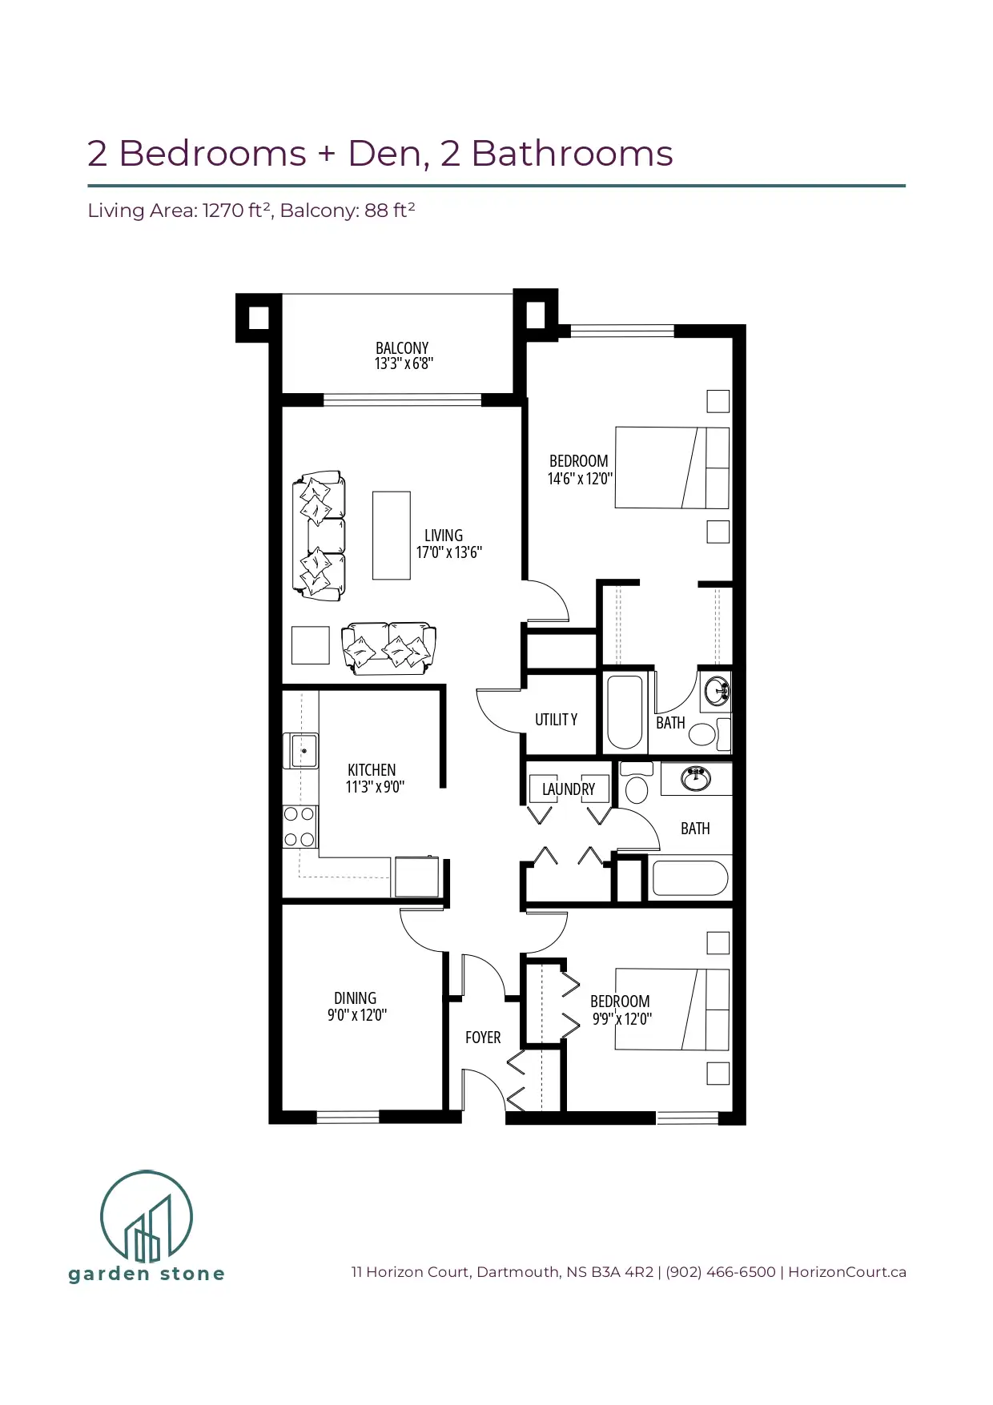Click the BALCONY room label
point(402,348)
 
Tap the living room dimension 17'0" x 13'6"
point(448,552)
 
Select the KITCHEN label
point(372,769)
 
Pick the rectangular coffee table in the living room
point(392,536)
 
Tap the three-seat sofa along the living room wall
point(320,536)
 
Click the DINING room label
point(355,998)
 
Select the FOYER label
point(483,1038)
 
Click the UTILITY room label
point(556,720)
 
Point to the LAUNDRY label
point(569,789)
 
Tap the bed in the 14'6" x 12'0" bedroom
point(672,468)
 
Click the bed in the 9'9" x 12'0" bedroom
point(672,1010)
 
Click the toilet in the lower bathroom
point(637,781)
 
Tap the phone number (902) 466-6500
point(721,1272)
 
